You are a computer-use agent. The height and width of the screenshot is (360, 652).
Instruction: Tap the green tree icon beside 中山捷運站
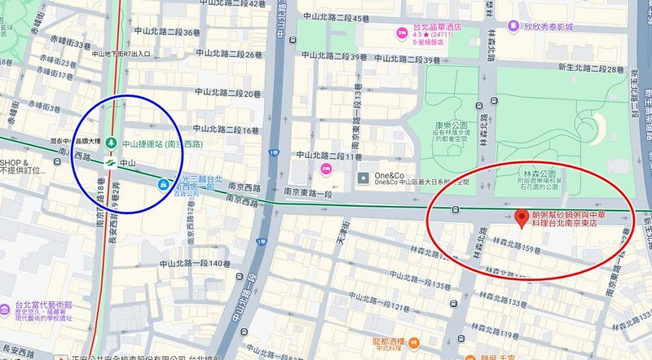[x=110, y=143]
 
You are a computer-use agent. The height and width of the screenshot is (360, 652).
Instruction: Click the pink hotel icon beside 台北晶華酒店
[x=401, y=33]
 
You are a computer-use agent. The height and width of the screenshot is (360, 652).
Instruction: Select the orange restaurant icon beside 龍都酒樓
[x=416, y=342]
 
